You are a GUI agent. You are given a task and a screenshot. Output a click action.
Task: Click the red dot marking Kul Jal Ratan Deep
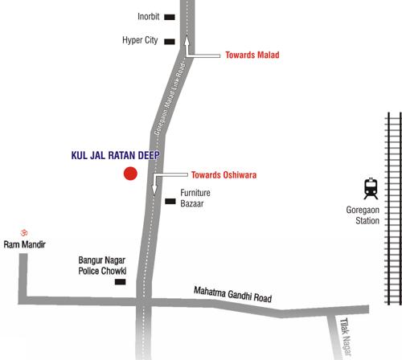coord(129,174)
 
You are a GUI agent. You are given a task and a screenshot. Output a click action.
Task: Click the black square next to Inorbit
coord(169,17)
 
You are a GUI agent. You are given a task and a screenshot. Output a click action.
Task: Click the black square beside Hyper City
coord(169,42)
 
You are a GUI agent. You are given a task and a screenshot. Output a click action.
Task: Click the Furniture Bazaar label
coord(195,199)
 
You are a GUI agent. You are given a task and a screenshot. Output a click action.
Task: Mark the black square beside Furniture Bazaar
coord(169,200)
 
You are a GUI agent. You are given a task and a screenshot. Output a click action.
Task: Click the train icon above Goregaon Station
coord(370,189)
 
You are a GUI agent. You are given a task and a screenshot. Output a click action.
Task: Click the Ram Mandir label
coord(24,244)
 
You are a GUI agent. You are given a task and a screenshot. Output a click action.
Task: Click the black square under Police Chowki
coord(121,282)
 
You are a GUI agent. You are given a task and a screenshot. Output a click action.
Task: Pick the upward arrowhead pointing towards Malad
coord(187,39)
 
